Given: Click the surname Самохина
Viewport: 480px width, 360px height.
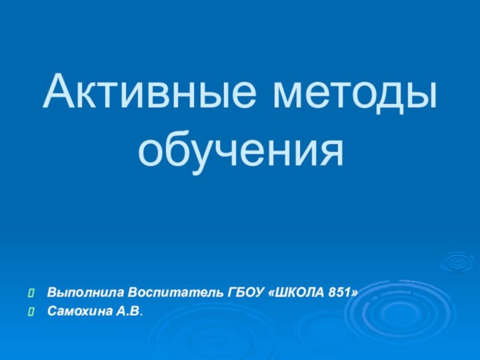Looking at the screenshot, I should click(x=77, y=311).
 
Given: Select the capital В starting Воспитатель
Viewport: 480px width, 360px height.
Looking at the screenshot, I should click(x=133, y=293).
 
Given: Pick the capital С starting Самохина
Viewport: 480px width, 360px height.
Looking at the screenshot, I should click(x=51, y=311).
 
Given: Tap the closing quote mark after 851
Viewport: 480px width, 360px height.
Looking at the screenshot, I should click(x=357, y=293).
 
